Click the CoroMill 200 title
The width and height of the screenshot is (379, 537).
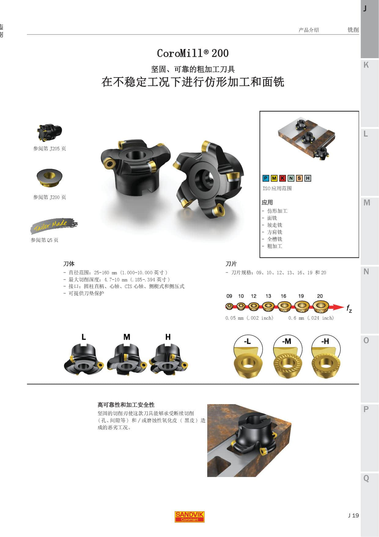pos(193,53)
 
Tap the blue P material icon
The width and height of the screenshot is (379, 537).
pos(266,178)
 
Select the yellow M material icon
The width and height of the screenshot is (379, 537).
pos(274,178)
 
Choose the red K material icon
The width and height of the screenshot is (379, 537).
pos(282,178)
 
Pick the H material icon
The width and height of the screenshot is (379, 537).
pos(308,178)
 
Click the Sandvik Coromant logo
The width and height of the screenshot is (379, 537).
pos(189,517)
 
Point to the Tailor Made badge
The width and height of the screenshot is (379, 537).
pos(54,226)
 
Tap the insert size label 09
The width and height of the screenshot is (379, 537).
pos(229,296)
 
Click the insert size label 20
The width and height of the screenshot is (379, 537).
pos(320,296)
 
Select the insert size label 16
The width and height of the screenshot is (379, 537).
pos(283,296)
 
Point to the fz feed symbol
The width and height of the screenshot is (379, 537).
pos(349,309)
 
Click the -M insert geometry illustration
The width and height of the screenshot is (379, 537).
pos(287,356)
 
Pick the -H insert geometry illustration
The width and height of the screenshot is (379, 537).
pos(326,356)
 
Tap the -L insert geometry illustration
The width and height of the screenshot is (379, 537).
pos(248,356)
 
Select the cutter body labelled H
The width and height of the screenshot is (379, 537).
pos(168,358)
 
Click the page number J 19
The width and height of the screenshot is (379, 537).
pos(353,516)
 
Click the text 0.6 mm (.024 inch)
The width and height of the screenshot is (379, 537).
pos(311,318)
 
